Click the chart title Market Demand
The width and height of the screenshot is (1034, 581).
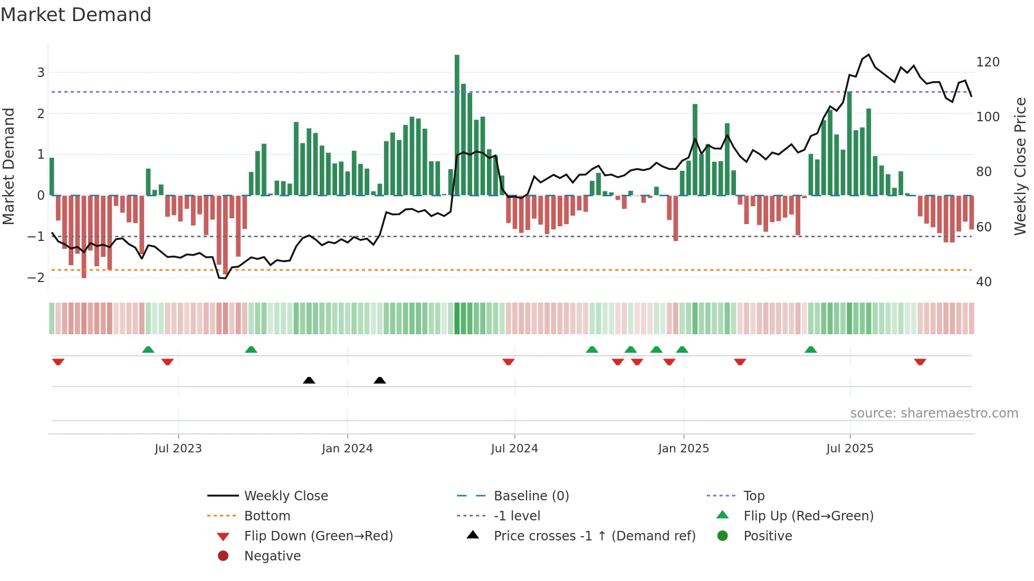click(76, 15)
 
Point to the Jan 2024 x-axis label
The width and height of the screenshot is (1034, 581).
click(347, 449)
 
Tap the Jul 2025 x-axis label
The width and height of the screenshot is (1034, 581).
click(849, 449)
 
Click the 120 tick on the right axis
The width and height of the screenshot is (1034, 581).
click(988, 62)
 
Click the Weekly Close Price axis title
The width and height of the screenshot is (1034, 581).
click(1020, 166)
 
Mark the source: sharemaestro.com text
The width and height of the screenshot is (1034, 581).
click(934, 413)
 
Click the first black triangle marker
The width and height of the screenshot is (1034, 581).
click(309, 380)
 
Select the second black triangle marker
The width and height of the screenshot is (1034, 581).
click(379, 380)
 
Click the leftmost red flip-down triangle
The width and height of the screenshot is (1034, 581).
click(58, 362)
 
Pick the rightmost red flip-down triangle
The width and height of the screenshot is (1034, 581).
click(920, 362)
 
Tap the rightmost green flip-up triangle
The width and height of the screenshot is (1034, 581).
click(811, 350)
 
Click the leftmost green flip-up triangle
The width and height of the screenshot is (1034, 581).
click(148, 350)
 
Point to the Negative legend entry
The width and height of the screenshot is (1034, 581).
click(272, 556)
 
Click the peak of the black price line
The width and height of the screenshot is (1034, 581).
click(869, 55)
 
